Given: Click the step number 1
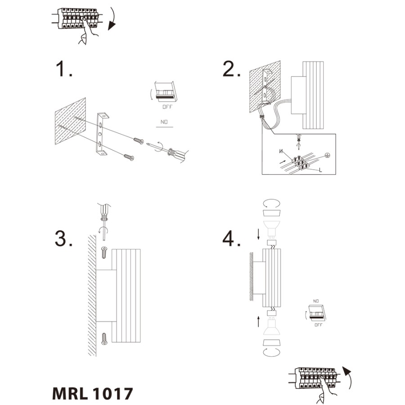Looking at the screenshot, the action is pyautogui.click(x=64, y=69).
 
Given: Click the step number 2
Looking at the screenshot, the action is pyautogui.click(x=231, y=69).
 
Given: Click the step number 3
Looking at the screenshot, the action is pyautogui.click(x=63, y=238).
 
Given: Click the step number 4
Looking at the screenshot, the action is pyautogui.click(x=231, y=238).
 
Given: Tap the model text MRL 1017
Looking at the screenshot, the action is pyautogui.click(x=92, y=393).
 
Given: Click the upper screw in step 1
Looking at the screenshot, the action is pyautogui.click(x=139, y=141).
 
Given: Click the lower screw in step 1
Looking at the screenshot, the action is pyautogui.click(x=129, y=157).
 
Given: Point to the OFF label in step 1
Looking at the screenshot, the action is pyautogui.click(x=167, y=107).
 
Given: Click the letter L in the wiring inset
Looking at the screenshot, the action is pyautogui.click(x=320, y=170).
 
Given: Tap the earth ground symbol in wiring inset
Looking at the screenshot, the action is pyautogui.click(x=327, y=156).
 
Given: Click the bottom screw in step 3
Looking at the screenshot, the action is pyautogui.click(x=104, y=339).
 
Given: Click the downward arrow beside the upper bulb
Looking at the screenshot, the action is pyautogui.click(x=258, y=234).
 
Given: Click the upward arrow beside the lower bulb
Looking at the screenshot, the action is pyautogui.click(x=258, y=321).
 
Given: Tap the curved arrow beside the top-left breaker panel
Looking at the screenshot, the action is pyautogui.click(x=112, y=19).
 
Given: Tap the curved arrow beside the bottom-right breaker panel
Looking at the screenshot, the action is pyautogui.click(x=347, y=378).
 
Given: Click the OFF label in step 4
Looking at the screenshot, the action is pyautogui.click(x=319, y=324).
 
